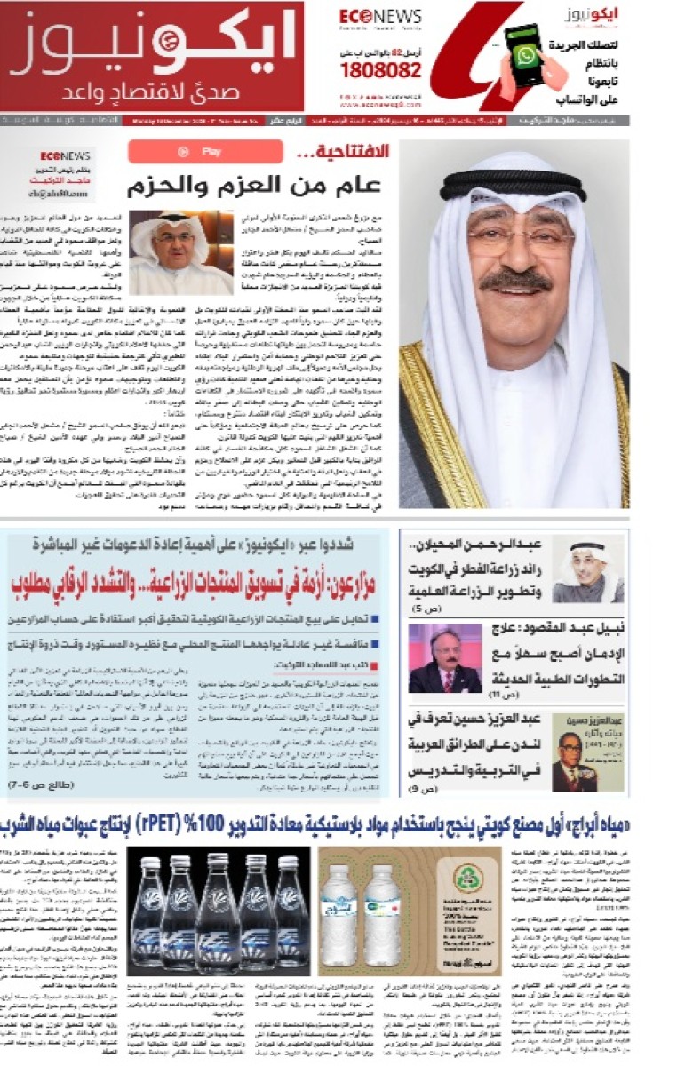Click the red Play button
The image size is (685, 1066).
pyautogui.click(x=205, y=152)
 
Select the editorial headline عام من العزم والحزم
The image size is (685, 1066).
pyautogui.click(x=253, y=186)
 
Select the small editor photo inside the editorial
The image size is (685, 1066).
pyautogui.click(x=181, y=252)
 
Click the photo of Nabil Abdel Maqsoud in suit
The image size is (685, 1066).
pyautogui.click(x=444, y=658)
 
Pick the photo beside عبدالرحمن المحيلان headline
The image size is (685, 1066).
pyautogui.click(x=587, y=569)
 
